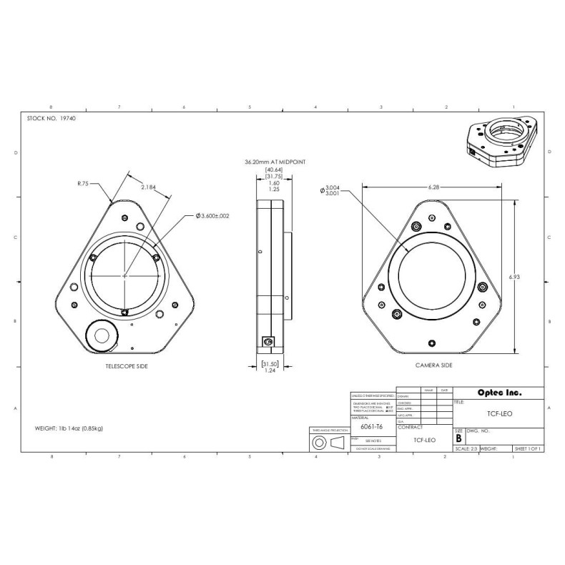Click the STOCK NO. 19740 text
tap(51, 118)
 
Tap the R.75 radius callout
tap(84, 183)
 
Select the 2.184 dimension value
tap(149, 187)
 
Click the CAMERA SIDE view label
tap(434, 365)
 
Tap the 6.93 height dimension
tap(525, 275)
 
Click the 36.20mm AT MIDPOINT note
tap(275, 162)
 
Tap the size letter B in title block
tap(458, 438)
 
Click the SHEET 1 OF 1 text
tap(528, 449)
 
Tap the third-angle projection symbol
tap(329, 443)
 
